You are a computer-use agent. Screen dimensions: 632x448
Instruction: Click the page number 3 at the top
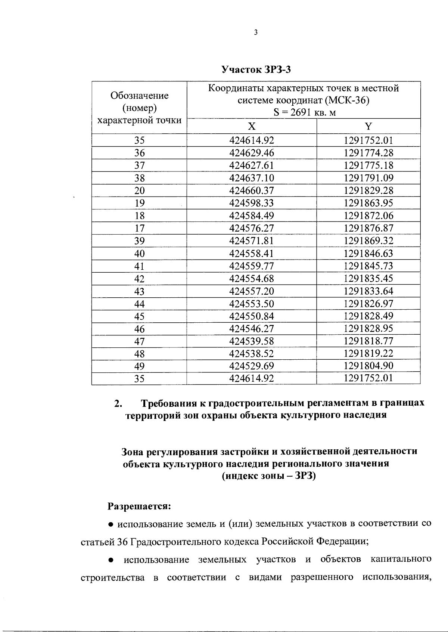(255, 32)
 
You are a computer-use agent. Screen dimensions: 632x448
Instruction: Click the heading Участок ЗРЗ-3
(256, 69)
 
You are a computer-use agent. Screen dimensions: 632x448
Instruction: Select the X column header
(252, 126)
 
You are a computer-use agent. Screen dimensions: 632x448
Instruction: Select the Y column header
(368, 126)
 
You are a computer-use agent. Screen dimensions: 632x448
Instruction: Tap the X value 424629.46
(252, 153)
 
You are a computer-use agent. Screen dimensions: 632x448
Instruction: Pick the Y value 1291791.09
(368, 178)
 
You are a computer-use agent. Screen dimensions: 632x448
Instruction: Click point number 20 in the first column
(139, 191)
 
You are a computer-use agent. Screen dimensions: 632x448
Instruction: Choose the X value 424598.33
(252, 203)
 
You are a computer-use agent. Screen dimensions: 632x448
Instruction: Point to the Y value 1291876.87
(368, 228)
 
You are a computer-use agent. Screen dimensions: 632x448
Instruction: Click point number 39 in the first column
(139, 241)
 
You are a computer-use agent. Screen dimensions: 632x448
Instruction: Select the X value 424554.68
(252, 279)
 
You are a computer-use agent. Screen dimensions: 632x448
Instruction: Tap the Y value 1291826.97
(368, 304)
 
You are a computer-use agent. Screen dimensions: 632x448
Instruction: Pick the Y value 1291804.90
(368, 366)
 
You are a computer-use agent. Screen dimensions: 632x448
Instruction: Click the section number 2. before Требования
(118, 404)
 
